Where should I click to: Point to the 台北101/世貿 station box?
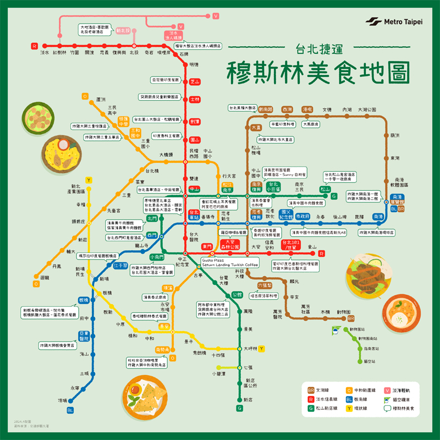292,244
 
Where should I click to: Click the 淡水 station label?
45,53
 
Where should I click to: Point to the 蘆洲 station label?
101,100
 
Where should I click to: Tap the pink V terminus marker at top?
215,16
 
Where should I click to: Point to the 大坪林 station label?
250,348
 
